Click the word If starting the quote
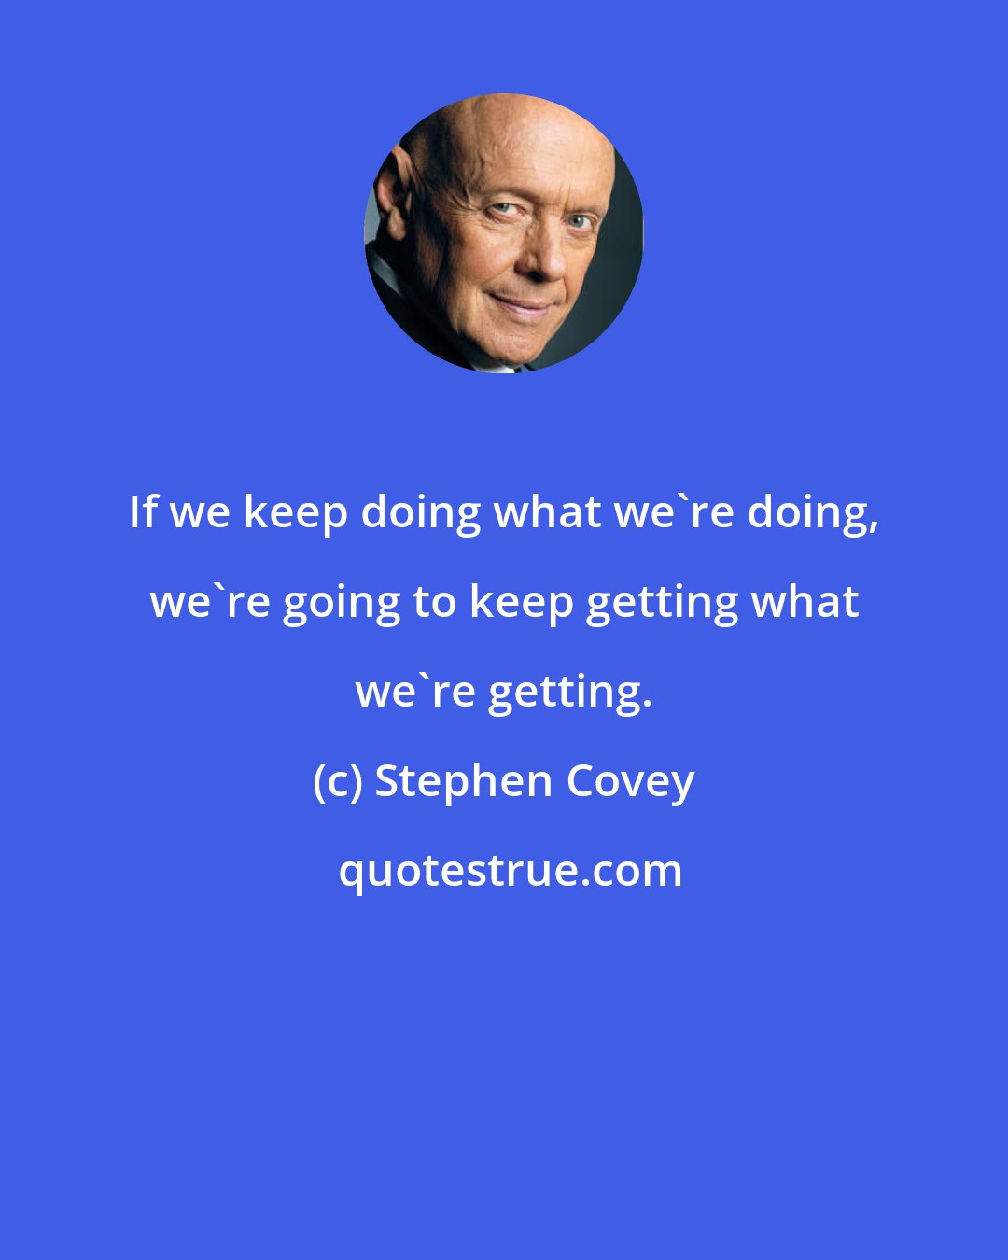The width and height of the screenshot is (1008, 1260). coord(141,511)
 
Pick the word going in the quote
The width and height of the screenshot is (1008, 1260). coord(341,603)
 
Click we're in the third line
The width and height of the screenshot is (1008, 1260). coord(413,691)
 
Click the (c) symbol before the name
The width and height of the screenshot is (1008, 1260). coord(337,782)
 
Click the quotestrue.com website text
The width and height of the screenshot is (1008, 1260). coord(510,872)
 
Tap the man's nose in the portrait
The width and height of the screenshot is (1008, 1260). coord(540,257)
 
